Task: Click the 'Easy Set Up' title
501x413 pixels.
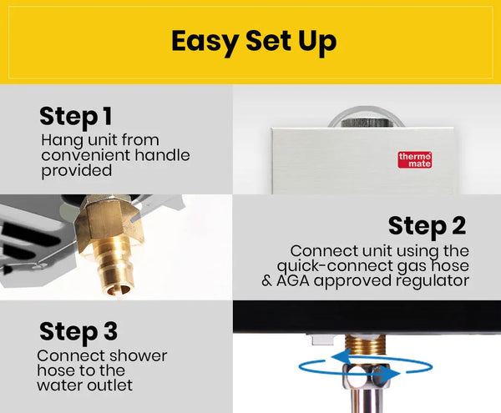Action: point(254,42)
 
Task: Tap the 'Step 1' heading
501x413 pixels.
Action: point(76,117)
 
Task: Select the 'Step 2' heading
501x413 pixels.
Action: point(428,227)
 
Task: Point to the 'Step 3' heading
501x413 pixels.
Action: point(78,332)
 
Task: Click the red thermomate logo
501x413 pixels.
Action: point(415,160)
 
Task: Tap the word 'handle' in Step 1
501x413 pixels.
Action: point(162,155)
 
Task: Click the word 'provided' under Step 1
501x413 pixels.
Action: point(77,171)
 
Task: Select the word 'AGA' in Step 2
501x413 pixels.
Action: point(293,281)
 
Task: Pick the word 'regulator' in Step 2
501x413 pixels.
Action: point(433,281)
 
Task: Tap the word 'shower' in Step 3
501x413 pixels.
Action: point(138,356)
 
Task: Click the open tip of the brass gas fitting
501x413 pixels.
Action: point(118,290)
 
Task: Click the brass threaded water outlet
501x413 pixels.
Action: point(366,345)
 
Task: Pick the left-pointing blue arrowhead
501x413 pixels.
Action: point(342,357)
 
